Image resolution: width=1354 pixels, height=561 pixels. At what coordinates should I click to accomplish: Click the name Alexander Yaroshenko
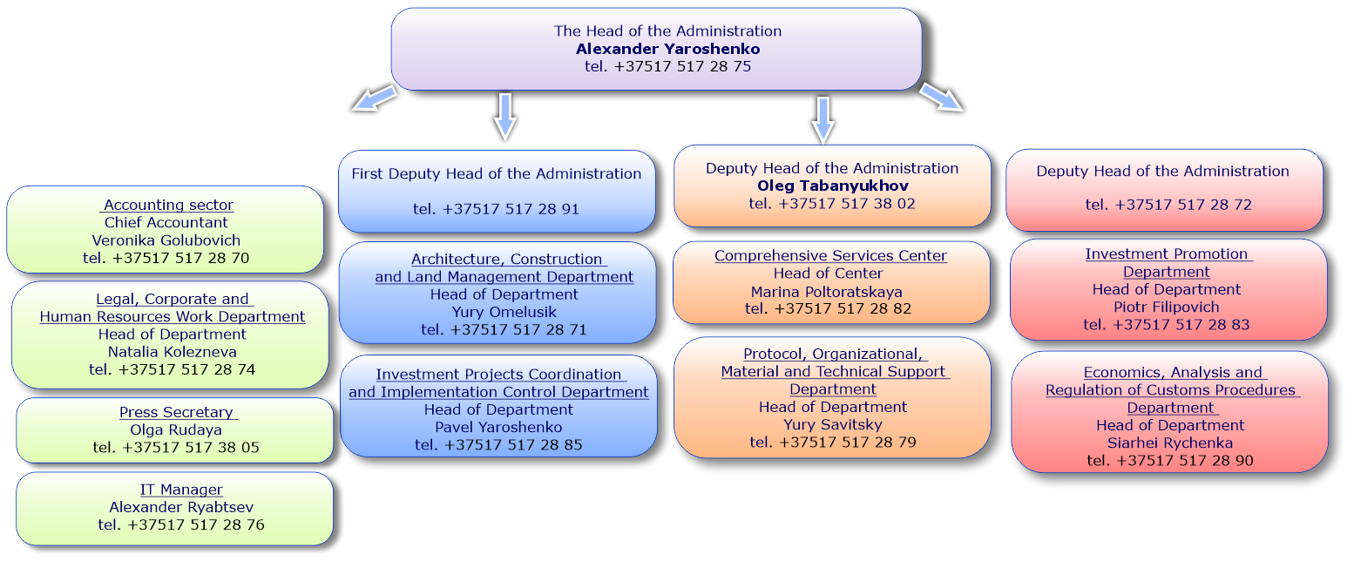[668, 49]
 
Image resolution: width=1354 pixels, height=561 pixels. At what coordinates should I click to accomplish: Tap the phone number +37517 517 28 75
[682, 66]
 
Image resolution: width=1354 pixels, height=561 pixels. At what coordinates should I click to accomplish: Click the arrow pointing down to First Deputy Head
[505, 116]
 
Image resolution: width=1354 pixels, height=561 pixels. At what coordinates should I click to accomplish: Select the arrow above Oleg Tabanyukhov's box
[823, 119]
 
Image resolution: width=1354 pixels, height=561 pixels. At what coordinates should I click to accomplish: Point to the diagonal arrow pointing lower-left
[374, 98]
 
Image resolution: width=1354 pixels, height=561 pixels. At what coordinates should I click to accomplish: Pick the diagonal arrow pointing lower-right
[941, 98]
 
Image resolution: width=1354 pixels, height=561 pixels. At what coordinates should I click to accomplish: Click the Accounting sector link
[168, 205]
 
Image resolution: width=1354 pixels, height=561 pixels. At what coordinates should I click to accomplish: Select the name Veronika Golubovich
[166, 240]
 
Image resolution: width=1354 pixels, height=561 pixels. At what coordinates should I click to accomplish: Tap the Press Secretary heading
[178, 412]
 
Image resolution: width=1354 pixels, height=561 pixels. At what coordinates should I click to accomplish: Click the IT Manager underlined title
[181, 490]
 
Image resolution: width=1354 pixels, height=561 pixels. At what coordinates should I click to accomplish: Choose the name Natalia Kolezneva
[173, 352]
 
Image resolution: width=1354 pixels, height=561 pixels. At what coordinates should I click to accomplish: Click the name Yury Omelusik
[504, 312]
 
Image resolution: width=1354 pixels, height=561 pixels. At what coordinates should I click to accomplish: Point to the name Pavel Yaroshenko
[498, 428]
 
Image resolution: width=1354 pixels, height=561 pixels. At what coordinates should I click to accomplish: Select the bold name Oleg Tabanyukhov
[833, 186]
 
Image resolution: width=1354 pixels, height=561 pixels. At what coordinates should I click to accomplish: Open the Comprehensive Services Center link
[830, 256]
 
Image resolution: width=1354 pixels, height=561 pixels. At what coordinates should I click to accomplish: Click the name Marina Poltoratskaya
[826, 292]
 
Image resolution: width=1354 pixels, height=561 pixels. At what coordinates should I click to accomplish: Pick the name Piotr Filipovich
[1167, 308]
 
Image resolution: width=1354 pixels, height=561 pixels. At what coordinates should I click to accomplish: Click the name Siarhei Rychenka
[1170, 443]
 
